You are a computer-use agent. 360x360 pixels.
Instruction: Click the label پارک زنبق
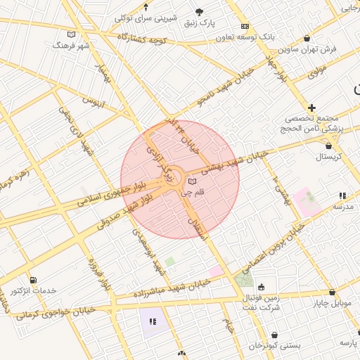199,22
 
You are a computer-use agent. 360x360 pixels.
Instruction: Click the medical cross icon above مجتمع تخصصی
311,108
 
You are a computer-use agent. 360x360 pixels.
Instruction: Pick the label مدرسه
342,207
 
